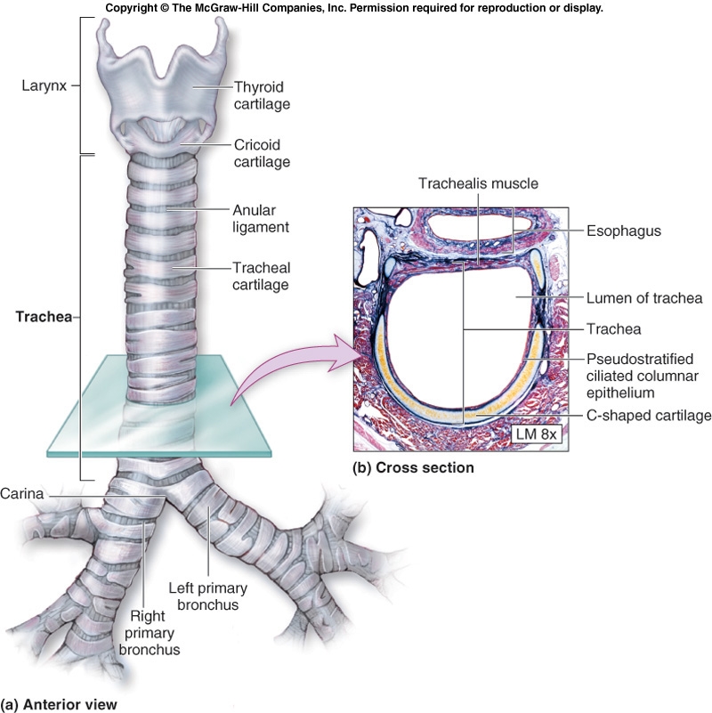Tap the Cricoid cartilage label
[x=262, y=153]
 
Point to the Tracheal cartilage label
[x=262, y=275]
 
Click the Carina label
[x=22, y=492]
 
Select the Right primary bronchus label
[x=150, y=633]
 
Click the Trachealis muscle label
[x=479, y=184]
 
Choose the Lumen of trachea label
[x=644, y=298]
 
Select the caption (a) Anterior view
[x=58, y=703]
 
